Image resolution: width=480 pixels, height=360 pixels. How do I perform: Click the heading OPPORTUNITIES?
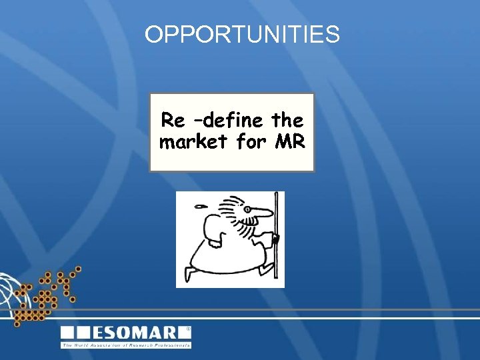[242, 35]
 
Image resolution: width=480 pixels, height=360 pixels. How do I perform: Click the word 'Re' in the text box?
[173, 121]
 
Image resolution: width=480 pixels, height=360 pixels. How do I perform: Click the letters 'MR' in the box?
[289, 142]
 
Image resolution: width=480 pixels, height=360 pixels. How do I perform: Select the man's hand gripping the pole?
[274, 238]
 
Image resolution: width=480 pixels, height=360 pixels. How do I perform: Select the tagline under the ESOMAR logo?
[126, 345]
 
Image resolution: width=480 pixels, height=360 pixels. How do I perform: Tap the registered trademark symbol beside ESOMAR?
[188, 329]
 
